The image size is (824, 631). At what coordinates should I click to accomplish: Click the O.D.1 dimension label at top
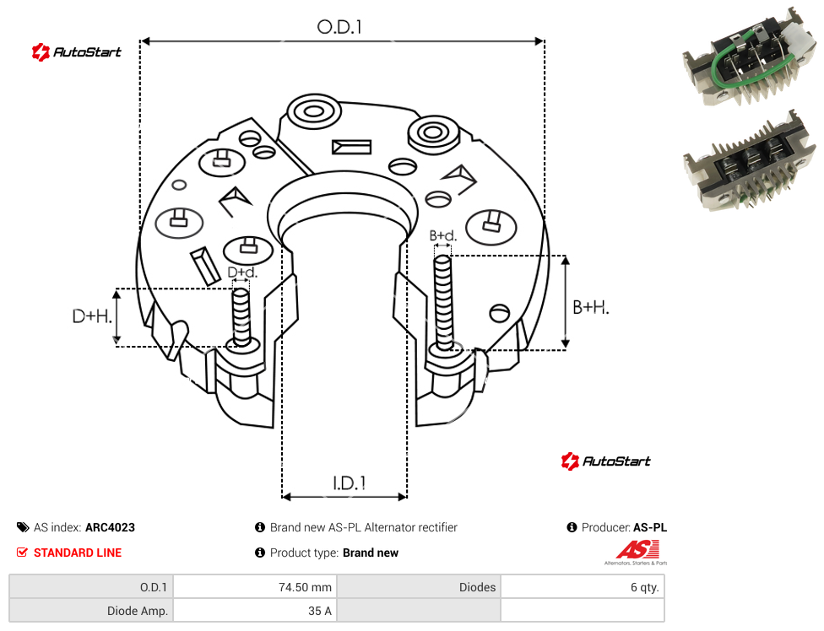[339, 27]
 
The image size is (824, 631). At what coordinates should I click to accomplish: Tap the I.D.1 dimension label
[349, 483]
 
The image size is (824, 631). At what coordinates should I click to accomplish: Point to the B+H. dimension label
[591, 307]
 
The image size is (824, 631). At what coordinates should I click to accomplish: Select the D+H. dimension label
[92, 316]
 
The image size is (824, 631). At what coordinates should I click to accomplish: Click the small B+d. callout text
[443, 235]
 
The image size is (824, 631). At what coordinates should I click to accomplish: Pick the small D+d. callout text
[242, 272]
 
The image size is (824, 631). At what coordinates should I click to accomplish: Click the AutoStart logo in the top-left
[76, 52]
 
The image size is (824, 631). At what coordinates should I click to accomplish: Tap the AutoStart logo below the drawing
[605, 461]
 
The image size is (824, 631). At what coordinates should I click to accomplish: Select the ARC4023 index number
[110, 527]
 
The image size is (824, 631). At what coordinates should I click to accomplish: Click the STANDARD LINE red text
[78, 553]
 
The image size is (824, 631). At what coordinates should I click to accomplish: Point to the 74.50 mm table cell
[255, 587]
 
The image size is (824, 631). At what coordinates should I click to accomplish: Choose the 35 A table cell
[255, 611]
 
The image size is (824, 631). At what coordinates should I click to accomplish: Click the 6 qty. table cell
[583, 587]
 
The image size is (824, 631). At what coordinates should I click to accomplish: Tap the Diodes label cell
[419, 587]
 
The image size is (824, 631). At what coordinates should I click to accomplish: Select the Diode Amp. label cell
[91, 611]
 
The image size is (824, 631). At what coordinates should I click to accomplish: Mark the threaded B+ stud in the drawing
[443, 303]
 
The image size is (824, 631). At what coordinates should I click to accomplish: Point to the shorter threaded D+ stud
[241, 317]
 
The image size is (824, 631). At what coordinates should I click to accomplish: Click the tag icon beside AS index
[23, 527]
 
